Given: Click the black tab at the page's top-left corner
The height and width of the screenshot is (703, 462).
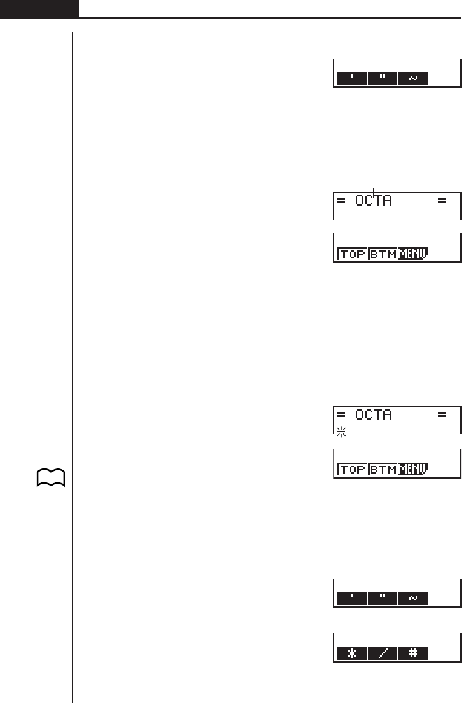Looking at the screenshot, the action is pos(39,9).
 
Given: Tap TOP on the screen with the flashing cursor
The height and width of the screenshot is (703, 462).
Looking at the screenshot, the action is pos(352,470).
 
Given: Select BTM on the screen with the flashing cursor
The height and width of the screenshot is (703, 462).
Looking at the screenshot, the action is pos(383,470).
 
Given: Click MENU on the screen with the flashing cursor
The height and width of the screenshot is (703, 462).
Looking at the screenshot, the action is pos(413,470).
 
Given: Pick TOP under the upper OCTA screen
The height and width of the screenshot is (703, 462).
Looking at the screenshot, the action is pos(352,254).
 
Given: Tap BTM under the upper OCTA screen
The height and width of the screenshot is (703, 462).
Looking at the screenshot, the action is pos(383,254).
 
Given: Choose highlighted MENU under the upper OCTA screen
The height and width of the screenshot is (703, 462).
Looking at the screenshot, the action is pos(413,254).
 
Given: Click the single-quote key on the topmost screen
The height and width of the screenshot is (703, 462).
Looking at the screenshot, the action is pos(351,79).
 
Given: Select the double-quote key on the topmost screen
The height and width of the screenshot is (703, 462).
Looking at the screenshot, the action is pos(383,79).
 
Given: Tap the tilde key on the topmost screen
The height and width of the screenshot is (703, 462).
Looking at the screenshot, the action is pos(413,79).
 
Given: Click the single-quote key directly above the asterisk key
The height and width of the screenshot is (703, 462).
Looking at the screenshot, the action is pos(351,598).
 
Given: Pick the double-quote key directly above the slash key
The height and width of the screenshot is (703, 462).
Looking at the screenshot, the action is pos(383,598).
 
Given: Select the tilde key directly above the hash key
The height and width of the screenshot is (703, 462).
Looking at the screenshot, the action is pos(413,598).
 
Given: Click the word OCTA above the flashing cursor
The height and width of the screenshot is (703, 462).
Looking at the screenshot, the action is pos(373,416).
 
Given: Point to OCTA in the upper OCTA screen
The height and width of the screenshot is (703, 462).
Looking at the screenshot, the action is pos(373,201).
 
